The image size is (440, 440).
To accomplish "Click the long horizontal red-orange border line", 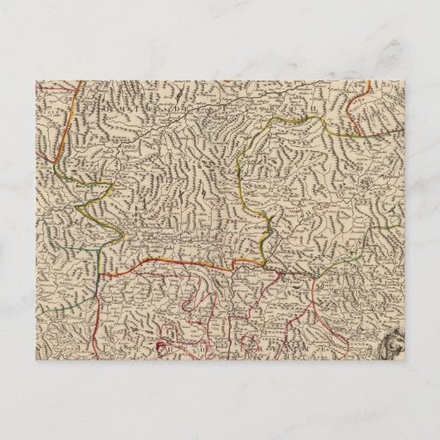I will click(183, 259).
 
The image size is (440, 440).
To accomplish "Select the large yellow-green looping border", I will click(249, 166).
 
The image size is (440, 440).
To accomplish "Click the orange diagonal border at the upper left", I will click(79, 104).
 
